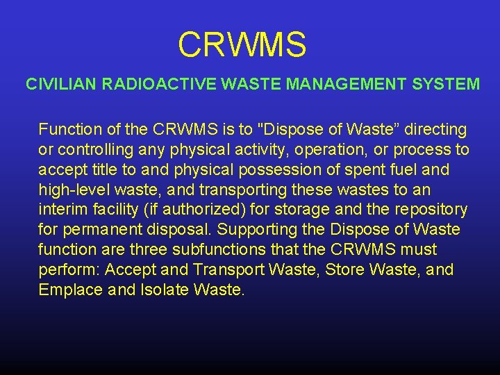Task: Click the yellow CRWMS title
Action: point(242,44)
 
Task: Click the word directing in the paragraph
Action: point(435,129)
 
